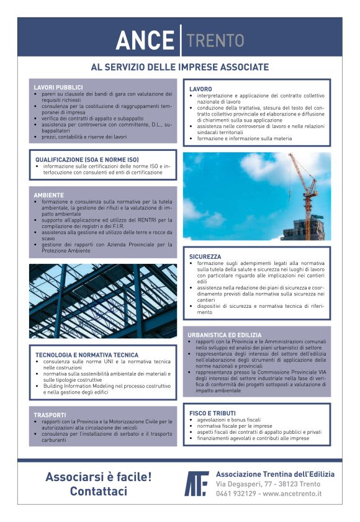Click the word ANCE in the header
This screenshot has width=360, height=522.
(x=145, y=41)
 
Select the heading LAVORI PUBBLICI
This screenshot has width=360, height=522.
(x=58, y=88)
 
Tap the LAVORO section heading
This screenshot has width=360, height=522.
(x=200, y=89)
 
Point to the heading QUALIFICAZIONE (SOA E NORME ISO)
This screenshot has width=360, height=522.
(x=87, y=160)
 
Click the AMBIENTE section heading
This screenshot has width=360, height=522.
(x=49, y=195)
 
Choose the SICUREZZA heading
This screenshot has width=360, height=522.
(x=205, y=256)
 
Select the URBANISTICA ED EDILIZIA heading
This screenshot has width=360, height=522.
(x=225, y=335)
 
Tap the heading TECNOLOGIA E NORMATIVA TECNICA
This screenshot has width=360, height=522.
(x=86, y=354)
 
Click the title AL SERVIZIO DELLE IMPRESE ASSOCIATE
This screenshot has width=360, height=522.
(x=180, y=67)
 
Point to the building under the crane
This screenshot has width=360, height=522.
(x=302, y=228)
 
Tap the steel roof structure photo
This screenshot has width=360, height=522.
(x=102, y=300)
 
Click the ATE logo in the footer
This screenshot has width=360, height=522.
(x=197, y=484)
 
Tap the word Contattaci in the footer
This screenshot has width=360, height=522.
(x=99, y=492)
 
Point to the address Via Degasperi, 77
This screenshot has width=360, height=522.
(x=248, y=484)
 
